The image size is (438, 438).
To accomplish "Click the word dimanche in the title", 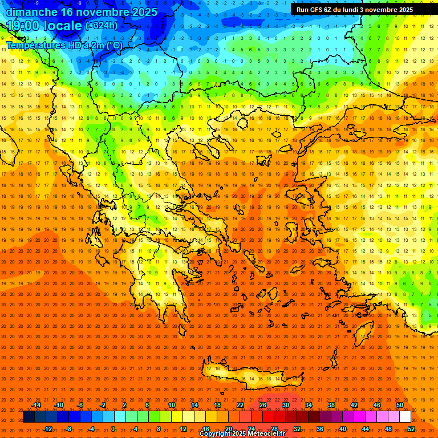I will [x=29, y=11].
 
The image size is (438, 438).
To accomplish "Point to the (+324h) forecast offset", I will [x=101, y=25].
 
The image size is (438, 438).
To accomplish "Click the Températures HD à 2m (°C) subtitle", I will [x=64, y=45].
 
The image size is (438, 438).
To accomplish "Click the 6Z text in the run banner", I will [x=328, y=10].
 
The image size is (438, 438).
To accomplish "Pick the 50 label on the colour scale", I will [x=400, y=405].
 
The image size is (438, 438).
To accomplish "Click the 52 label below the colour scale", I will [x=411, y=429].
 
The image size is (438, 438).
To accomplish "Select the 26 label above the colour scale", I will [x=263, y=405].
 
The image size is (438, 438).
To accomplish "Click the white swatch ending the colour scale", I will [x=405, y=417].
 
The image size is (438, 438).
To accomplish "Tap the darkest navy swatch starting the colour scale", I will [x=29, y=417].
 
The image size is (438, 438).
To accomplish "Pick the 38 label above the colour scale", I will [x=331, y=405].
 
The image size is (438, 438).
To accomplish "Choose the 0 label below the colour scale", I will [x=113, y=429].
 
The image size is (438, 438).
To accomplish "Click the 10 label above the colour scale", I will [x=172, y=405].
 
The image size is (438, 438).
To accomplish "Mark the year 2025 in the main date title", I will [x=140, y=11].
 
